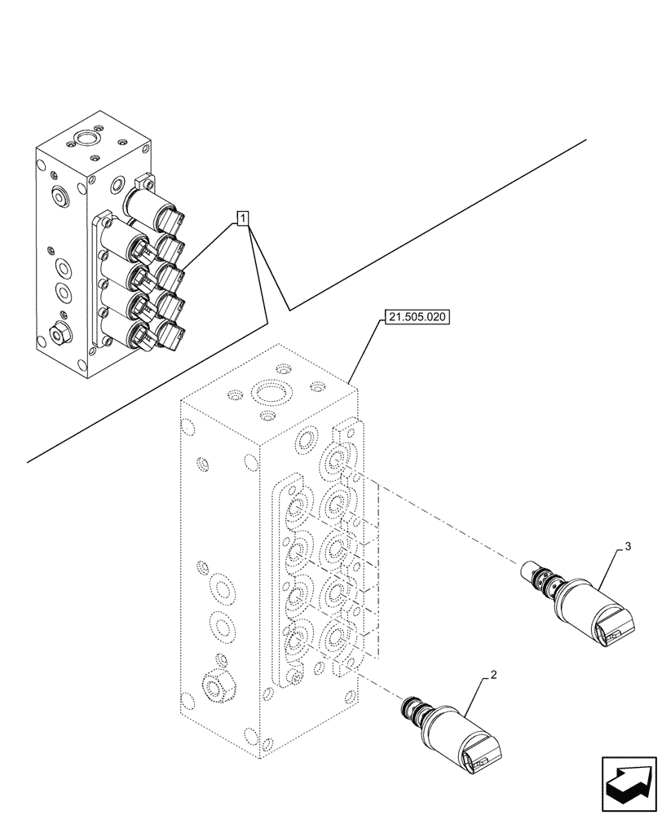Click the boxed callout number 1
(244, 218)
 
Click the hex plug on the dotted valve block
(216, 687)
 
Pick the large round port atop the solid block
(85, 134)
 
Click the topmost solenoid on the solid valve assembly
(155, 209)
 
